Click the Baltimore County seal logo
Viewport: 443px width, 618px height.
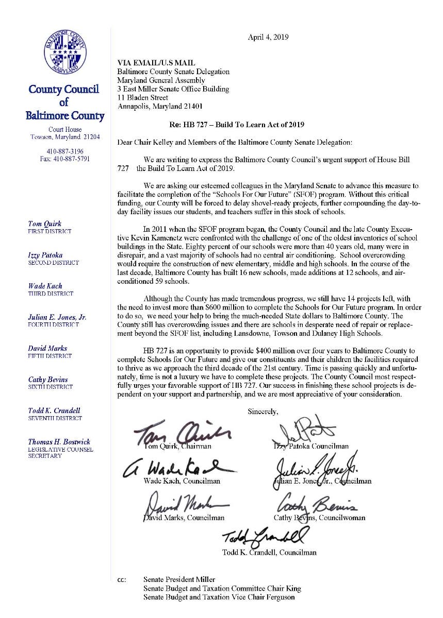[65, 51]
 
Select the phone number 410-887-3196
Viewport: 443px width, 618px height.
[65, 151]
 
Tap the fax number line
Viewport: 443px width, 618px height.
[65, 159]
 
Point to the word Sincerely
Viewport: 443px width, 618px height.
[263, 411]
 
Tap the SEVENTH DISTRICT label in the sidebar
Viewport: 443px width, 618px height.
[55, 418]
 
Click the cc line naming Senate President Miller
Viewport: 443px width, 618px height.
[179, 580]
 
